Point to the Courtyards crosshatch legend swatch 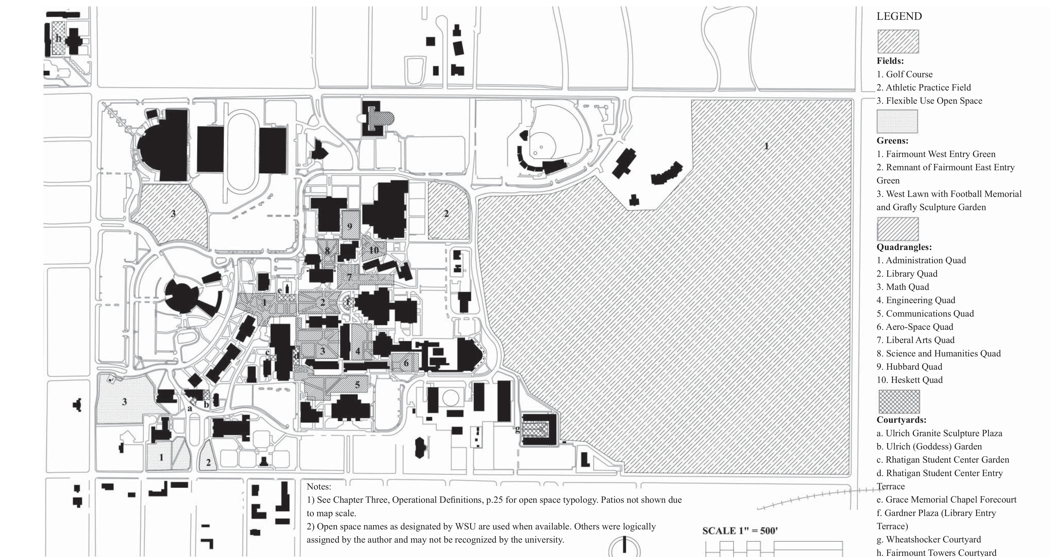coord(899,402)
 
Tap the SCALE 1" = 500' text coord(740,531)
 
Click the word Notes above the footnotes coord(318,486)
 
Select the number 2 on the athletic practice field coord(446,214)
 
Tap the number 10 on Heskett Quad coord(374,250)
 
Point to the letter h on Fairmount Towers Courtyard coord(58,38)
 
